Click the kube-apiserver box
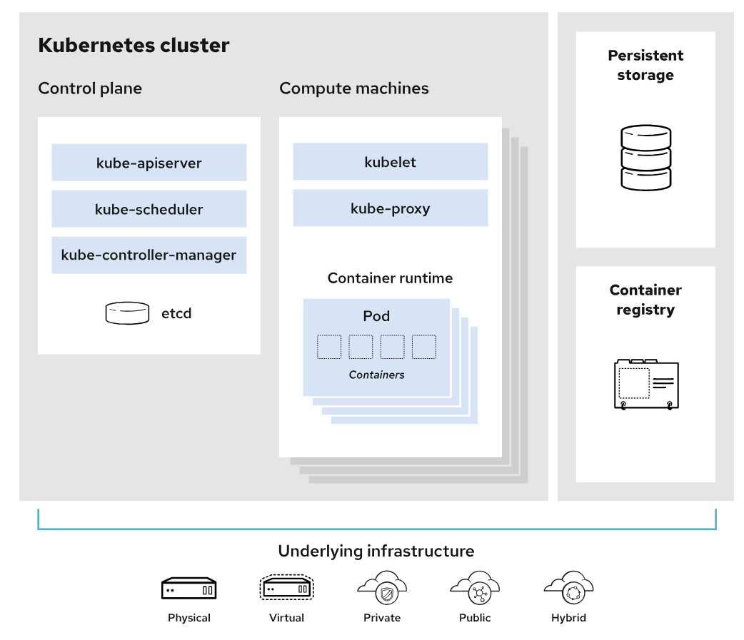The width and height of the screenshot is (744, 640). [149, 163]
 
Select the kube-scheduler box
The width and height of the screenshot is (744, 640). [149, 209]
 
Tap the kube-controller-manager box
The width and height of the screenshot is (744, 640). [149, 255]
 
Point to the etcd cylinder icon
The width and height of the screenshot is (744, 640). [128, 313]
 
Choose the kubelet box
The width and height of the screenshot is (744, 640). [390, 162]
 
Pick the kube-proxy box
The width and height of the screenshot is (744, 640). [390, 208]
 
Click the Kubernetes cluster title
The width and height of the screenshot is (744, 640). [134, 46]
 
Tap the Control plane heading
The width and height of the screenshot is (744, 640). [90, 88]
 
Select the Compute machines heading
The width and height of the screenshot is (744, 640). [354, 88]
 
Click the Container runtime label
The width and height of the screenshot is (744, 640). [390, 278]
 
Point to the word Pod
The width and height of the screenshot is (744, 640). [376, 316]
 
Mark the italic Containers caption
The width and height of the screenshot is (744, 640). [376, 375]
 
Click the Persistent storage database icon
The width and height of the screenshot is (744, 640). [645, 158]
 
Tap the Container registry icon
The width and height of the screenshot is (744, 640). [645, 384]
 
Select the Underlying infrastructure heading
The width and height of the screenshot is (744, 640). [376, 551]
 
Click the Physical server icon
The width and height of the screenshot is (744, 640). [188, 589]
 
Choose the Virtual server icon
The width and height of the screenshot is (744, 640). [286, 588]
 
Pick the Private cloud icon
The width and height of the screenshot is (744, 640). [382, 588]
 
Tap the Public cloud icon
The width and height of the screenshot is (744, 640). [475, 588]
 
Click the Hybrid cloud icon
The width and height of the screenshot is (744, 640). [568, 588]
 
